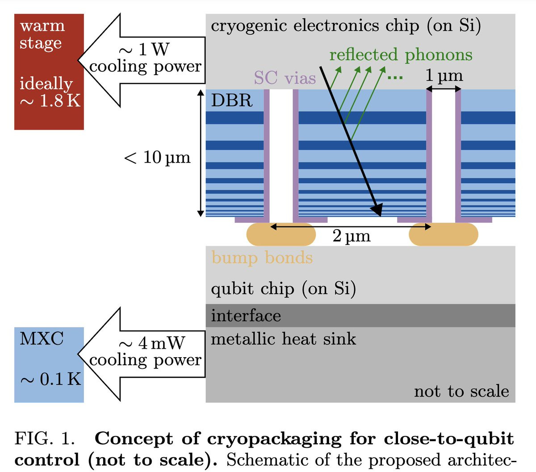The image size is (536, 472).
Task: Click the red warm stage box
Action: tap(49, 71)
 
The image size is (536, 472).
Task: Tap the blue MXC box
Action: tap(49, 364)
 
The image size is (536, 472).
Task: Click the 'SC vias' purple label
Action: tap(285, 78)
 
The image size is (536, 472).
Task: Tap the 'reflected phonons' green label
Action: tap(401, 55)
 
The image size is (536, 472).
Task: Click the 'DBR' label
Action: tap(231, 100)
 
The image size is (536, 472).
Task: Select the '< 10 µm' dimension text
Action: tap(157, 157)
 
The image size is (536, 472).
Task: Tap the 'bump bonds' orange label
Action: tap(262, 258)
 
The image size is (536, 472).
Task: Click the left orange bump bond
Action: tap(281, 234)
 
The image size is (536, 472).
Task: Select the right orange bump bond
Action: tap(444, 234)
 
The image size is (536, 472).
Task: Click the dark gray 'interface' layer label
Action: tap(246, 316)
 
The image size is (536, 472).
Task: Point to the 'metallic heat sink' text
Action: tap(283, 339)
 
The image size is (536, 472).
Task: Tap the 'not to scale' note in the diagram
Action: tap(461, 391)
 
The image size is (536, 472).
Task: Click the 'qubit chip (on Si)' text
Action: tap(283, 289)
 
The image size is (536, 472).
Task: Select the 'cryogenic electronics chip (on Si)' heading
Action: tap(346, 26)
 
